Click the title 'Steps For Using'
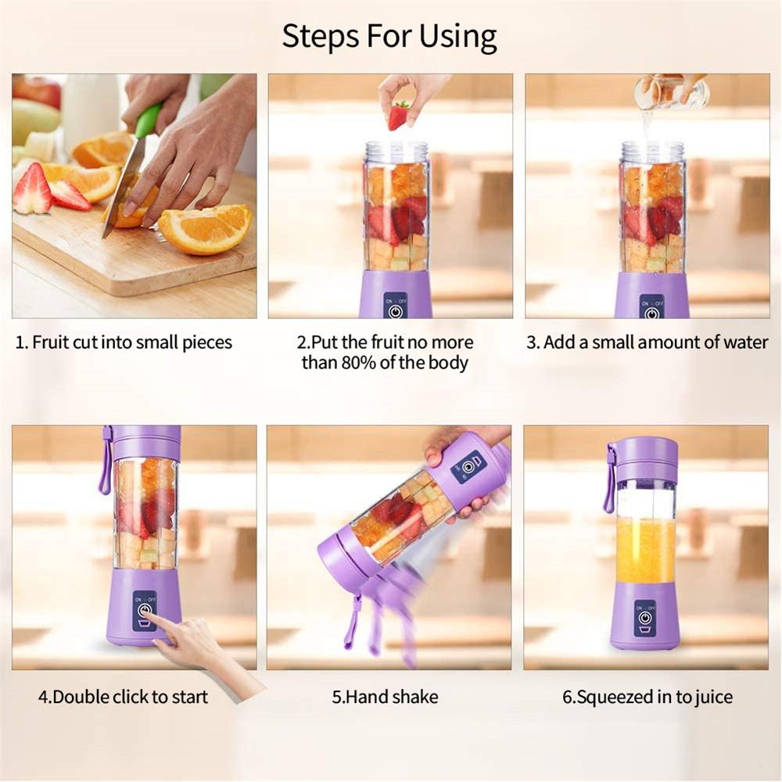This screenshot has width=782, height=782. tap(389, 36)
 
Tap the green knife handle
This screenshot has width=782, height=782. tap(147, 120)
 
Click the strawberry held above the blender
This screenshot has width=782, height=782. tap(398, 116)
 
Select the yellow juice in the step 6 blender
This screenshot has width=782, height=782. tap(645, 550)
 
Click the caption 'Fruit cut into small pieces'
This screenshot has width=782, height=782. tap(124, 343)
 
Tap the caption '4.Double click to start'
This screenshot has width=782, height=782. tap(124, 696)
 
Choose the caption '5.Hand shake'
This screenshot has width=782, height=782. tap(385, 696)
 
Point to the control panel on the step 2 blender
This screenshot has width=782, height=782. tap(396, 305)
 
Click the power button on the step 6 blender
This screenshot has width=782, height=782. tap(644, 615)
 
